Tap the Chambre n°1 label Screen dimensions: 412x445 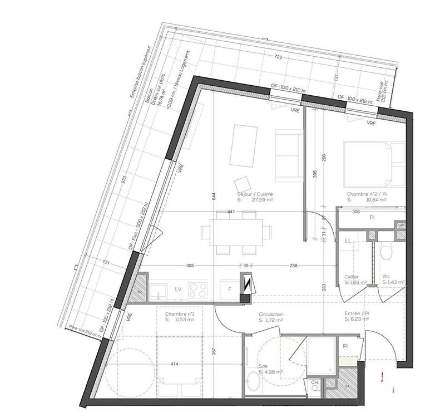(x=180, y=315)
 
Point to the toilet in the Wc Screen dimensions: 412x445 (x=387, y=253)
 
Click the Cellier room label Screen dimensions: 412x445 (x=352, y=277)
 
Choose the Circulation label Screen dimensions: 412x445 (x=271, y=315)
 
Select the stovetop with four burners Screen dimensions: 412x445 (x=197, y=290)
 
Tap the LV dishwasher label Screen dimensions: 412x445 (x=178, y=290)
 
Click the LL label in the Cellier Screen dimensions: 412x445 (x=348, y=241)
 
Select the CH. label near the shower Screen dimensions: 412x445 (x=315, y=382)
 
